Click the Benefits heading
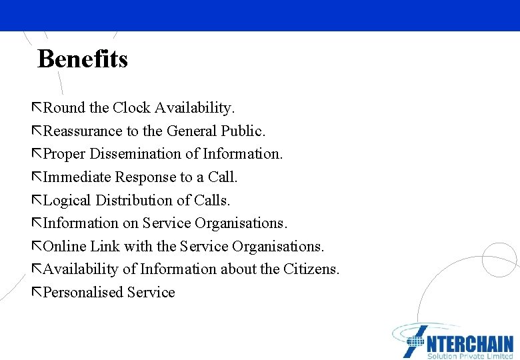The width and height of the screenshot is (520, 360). pyautogui.click(x=83, y=59)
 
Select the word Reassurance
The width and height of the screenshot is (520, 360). pyautogui.click(x=83, y=131)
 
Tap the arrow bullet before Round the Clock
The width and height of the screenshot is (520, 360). pyautogui.click(x=37, y=107)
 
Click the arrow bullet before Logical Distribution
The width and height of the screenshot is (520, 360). pyautogui.click(x=37, y=200)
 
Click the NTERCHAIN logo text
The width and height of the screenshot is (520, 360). pyautogui.click(x=469, y=343)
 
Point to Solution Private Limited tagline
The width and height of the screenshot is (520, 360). pyautogui.click(x=469, y=356)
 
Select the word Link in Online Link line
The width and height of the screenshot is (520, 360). pyautogui.click(x=105, y=247)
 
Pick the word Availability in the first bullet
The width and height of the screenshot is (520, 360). pyautogui.click(x=195, y=107)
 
